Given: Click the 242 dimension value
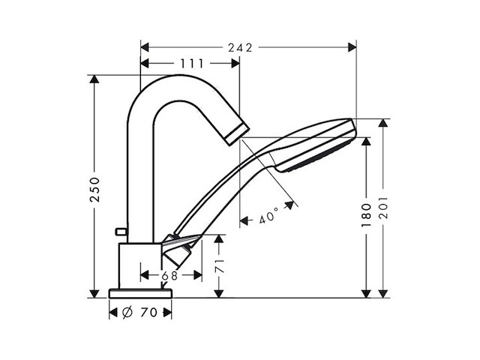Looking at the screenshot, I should [x=240, y=47].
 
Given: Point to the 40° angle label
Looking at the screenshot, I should [x=268, y=218].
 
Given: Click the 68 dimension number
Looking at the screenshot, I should [x=170, y=275].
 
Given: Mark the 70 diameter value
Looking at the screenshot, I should [x=148, y=313].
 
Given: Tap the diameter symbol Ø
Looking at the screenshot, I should [x=127, y=313].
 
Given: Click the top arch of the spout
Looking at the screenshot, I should [x=172, y=84].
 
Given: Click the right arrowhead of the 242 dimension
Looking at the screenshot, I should [x=352, y=47].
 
